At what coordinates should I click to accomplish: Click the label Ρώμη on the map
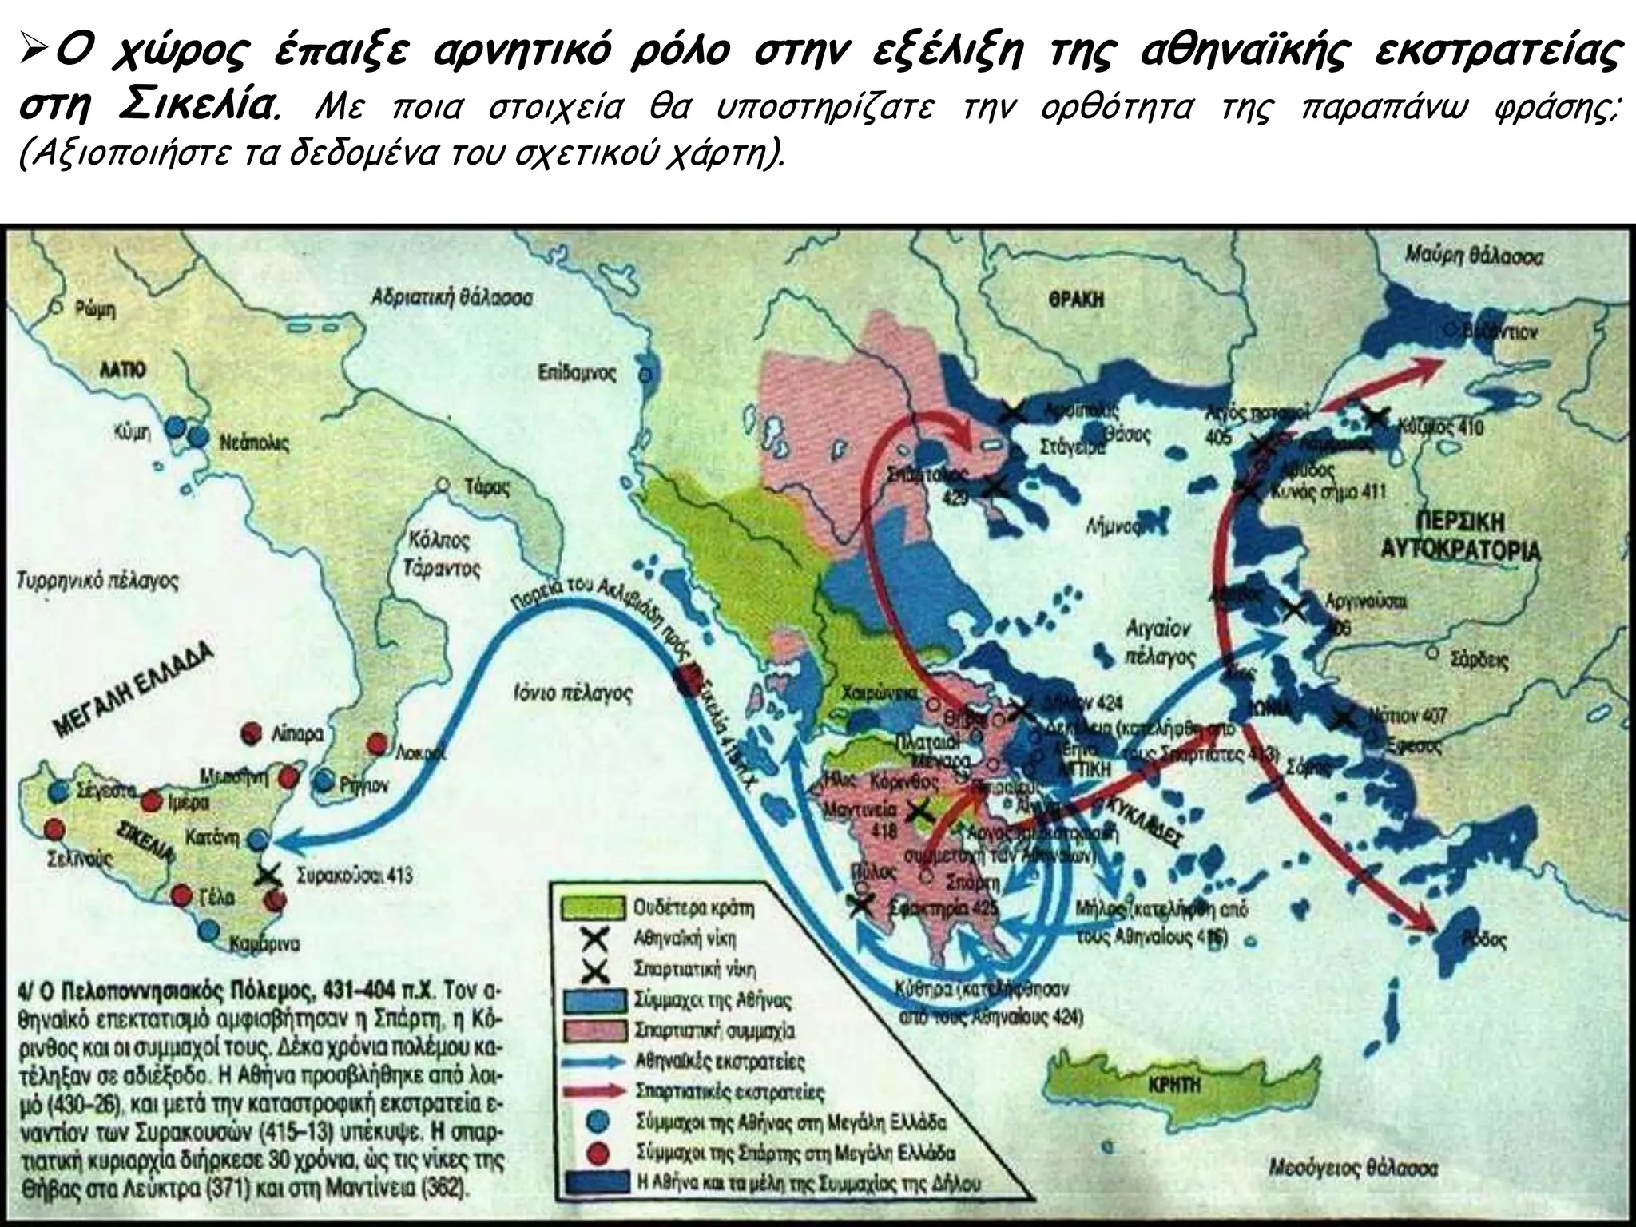click(x=95, y=308)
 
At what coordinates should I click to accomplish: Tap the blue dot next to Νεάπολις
click(x=197, y=436)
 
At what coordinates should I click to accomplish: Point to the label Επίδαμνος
click(x=577, y=372)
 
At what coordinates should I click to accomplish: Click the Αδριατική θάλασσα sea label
click(x=451, y=297)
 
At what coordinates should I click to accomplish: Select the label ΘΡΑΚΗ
click(x=1076, y=300)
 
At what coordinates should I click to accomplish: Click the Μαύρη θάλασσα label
click(x=1474, y=256)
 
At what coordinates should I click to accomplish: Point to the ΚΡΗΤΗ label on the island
click(x=1174, y=1086)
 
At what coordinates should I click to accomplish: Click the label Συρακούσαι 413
click(x=354, y=875)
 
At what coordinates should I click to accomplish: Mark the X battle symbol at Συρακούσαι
click(x=267, y=874)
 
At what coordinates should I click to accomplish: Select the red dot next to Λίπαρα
click(x=252, y=733)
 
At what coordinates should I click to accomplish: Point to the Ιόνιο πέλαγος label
click(x=573, y=693)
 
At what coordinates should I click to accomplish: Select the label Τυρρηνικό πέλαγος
click(x=97, y=581)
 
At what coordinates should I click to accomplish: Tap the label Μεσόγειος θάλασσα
click(x=1353, y=1168)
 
